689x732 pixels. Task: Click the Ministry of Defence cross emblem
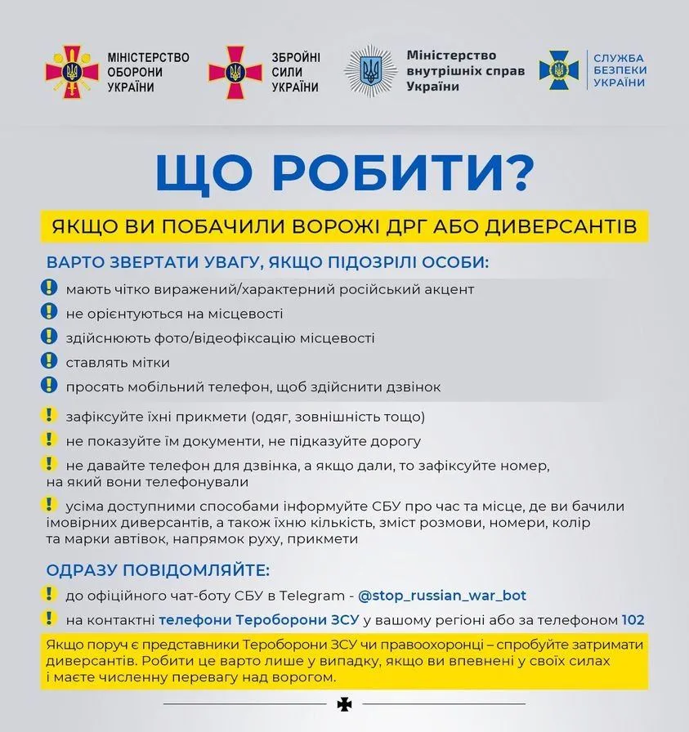(72, 72)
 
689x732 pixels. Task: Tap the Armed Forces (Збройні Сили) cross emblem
(235, 72)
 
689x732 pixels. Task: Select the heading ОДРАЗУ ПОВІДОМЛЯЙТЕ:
(158, 569)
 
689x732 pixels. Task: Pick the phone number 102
(633, 620)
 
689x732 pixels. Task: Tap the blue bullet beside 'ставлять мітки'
(49, 361)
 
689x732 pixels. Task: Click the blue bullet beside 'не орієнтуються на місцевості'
(49, 312)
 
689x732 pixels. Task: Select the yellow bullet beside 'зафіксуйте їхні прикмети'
(49, 415)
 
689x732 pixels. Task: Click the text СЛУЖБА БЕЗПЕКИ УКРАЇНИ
(619, 70)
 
